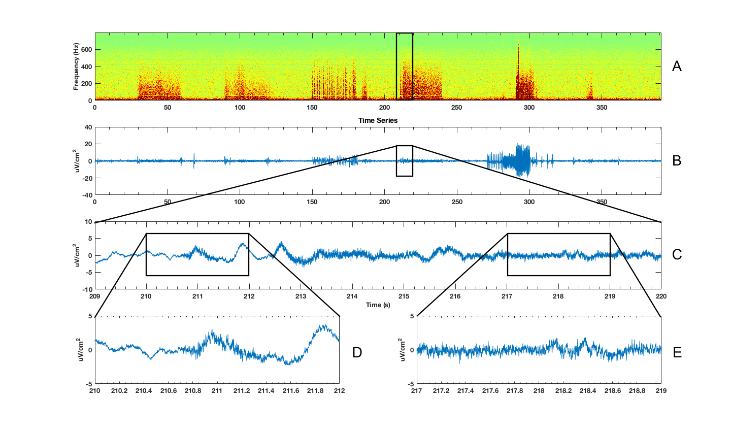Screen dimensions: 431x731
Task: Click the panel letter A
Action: click(676, 67)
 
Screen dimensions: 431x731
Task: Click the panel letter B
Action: click(676, 160)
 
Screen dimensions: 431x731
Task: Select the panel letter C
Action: click(676, 254)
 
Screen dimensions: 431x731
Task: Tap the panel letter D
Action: click(357, 352)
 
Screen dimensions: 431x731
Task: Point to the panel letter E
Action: click(677, 352)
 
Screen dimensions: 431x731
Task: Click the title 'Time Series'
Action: click(378, 120)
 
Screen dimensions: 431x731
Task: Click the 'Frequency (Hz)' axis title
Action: click(76, 67)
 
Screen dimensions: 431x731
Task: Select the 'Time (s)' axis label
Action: click(378, 305)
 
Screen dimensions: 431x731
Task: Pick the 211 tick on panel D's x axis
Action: click(217, 391)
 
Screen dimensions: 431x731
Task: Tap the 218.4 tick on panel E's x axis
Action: click(588, 391)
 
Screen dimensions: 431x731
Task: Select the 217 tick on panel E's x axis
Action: click(417, 391)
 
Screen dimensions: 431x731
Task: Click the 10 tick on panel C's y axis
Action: click(88, 222)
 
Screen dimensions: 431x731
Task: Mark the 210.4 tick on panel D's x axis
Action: click(144, 391)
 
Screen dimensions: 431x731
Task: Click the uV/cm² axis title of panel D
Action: click(77, 350)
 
